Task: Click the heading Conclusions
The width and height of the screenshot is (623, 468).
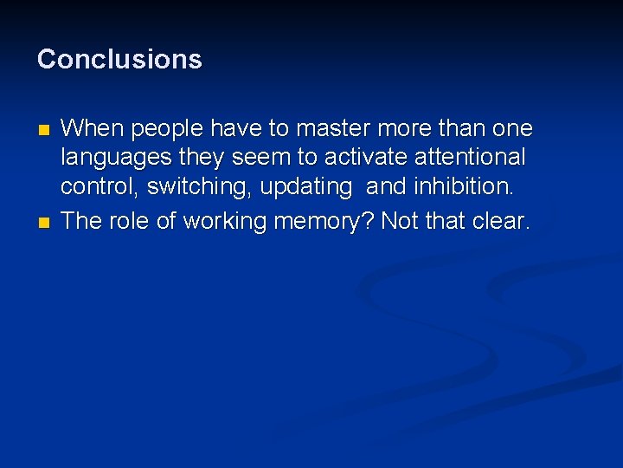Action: click(x=119, y=59)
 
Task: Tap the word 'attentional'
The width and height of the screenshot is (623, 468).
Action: click(x=470, y=158)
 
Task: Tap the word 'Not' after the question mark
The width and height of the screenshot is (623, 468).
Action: click(x=399, y=221)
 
